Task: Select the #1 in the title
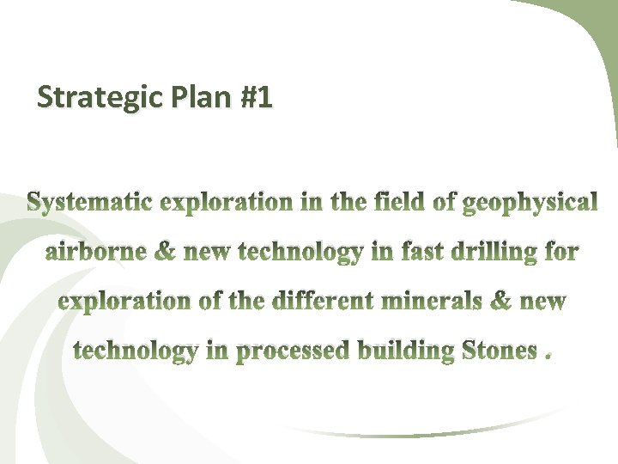coord(257,98)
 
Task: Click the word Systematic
coord(91,204)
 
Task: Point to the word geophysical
coord(529,204)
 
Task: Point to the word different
coord(324,302)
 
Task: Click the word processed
coord(293,351)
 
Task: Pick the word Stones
coord(499,351)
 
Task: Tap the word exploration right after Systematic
coord(226,204)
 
